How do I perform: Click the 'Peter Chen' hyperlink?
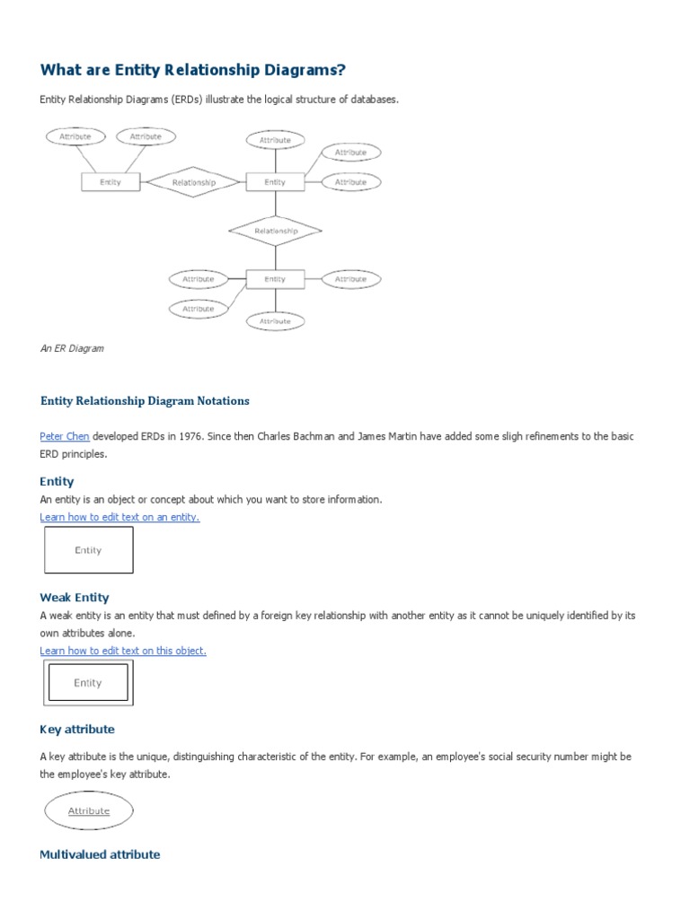[64, 436]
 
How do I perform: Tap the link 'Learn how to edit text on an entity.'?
[119, 517]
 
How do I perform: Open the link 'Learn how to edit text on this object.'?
[123, 650]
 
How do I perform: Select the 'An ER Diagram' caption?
[72, 348]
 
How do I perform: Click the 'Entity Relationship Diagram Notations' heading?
[145, 400]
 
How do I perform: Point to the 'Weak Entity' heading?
[75, 597]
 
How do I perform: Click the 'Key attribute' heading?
[77, 729]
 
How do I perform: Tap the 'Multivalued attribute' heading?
[100, 854]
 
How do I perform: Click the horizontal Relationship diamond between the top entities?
[194, 182]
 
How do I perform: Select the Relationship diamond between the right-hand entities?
[275, 231]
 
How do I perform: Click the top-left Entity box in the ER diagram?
[111, 182]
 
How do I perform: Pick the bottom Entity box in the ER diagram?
[275, 279]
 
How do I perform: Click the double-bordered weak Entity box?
[88, 683]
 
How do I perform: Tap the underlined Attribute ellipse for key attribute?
[89, 811]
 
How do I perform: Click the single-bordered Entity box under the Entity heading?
[88, 550]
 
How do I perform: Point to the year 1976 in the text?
[162, 436]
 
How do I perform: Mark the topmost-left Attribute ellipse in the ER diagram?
[75, 136]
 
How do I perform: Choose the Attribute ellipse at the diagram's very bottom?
[275, 320]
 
